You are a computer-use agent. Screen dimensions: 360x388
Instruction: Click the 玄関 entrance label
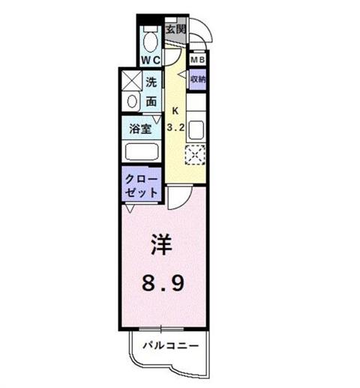[x=175, y=29]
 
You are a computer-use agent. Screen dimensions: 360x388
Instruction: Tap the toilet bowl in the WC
[x=150, y=39]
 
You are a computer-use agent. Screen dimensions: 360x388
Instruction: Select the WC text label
[x=151, y=60]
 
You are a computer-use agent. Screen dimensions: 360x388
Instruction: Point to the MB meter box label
[x=198, y=60]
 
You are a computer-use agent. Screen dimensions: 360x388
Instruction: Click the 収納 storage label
[x=198, y=79]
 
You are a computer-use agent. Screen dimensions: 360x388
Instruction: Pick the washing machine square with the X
[x=132, y=81]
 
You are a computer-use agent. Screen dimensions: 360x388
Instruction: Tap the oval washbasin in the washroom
[x=132, y=102]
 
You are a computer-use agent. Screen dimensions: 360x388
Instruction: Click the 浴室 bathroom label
[x=140, y=129]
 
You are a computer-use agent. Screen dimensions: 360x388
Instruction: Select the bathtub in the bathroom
[x=142, y=151]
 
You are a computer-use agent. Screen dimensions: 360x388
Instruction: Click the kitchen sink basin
[x=196, y=130]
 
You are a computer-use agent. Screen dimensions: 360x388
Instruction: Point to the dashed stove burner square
[x=195, y=155]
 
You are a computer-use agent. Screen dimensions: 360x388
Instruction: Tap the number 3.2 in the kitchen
[x=175, y=128]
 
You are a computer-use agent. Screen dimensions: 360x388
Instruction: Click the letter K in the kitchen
[x=175, y=111]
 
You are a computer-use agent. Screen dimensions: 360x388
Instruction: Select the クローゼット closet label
[x=142, y=186]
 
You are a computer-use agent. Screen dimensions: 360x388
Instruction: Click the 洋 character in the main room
[x=161, y=245]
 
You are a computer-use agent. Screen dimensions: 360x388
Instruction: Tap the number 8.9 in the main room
[x=163, y=283]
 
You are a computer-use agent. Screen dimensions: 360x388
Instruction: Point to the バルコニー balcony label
[x=171, y=345]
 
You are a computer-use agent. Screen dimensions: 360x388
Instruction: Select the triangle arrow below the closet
[x=130, y=209]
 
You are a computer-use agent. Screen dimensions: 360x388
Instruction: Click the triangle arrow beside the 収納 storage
[x=182, y=75]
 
